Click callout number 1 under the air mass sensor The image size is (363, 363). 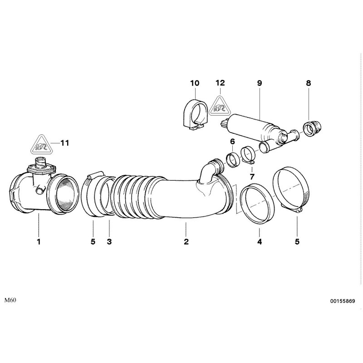[x=39, y=242]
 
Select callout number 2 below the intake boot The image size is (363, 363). [x=186, y=242]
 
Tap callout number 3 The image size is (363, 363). [x=109, y=242]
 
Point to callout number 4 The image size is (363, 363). [x=259, y=242]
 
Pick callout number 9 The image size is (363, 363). [x=260, y=83]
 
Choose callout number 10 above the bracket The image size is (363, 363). [x=195, y=83]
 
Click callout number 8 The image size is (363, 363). [x=309, y=83]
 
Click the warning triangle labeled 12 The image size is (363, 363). [x=220, y=108]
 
